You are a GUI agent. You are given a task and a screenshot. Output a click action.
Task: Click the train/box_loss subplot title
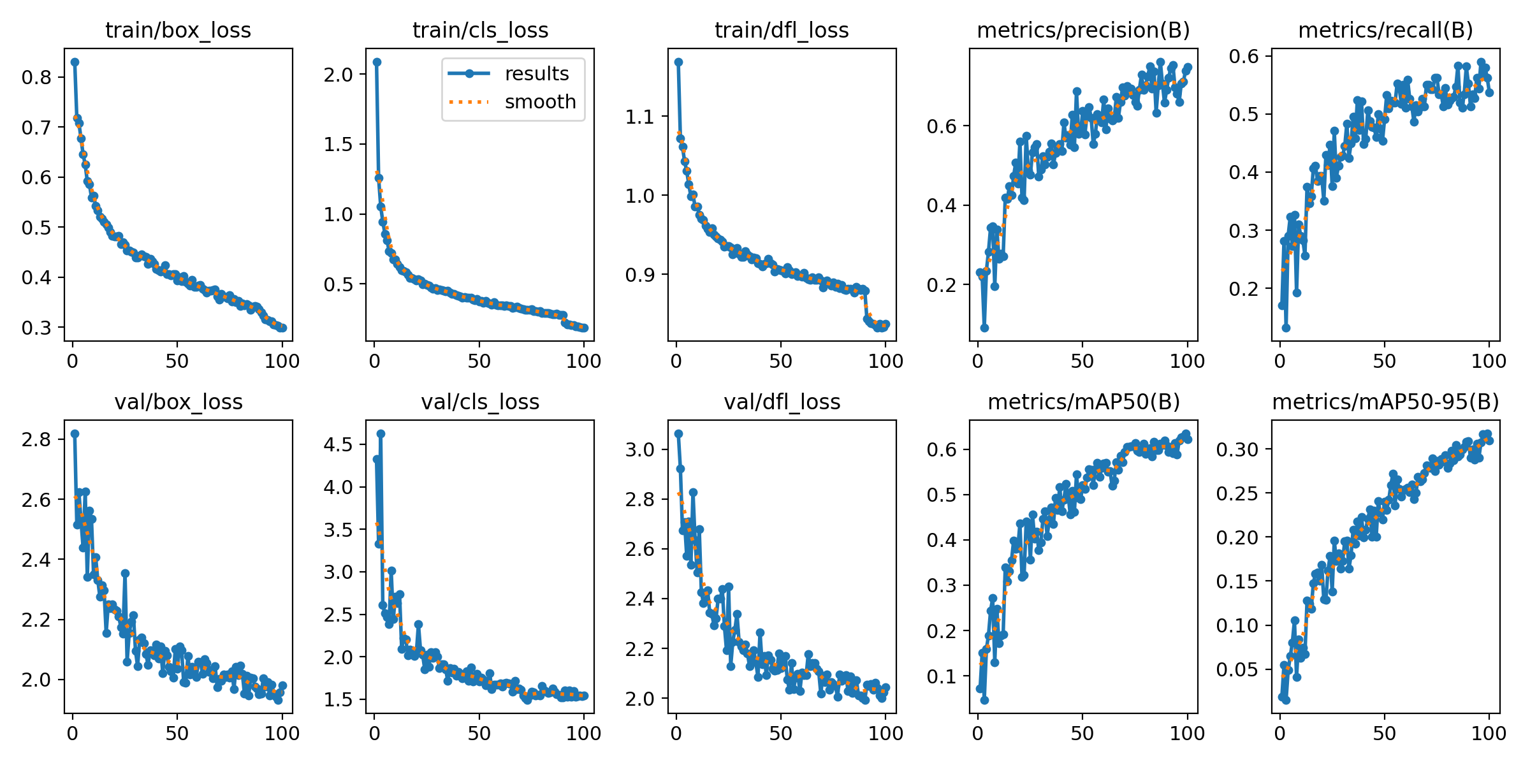178,31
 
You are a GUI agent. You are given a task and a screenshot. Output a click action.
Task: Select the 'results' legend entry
536,74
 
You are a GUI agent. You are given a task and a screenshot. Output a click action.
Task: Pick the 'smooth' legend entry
540,102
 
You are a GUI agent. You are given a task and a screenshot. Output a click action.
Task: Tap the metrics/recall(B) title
1385,31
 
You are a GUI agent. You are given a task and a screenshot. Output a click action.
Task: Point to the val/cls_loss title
480,402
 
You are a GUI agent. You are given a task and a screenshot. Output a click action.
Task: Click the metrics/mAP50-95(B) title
1385,402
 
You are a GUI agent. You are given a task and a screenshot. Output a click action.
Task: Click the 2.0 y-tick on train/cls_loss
338,75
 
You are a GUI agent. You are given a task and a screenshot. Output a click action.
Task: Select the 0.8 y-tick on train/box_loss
36,77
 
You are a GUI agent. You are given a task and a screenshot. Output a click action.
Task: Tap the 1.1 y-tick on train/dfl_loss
640,117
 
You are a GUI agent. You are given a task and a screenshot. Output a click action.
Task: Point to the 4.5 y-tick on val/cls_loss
338,444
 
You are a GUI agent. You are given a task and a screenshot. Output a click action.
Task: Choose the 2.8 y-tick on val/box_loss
36,439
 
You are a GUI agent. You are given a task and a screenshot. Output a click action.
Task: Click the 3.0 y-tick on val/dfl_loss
640,449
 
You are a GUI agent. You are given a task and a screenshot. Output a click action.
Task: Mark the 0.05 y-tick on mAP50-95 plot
1237,669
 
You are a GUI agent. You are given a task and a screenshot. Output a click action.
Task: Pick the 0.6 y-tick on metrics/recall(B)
1244,56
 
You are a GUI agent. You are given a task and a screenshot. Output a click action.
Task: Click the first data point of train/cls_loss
377,62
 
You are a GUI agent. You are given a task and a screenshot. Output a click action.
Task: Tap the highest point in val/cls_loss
381,433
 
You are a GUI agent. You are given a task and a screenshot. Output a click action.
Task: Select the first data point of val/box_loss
75,433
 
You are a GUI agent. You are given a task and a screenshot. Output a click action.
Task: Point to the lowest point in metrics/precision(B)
984,328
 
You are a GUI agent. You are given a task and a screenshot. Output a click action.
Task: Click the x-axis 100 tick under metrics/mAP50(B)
1187,733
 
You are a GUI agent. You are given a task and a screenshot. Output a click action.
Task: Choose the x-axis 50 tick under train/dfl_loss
781,361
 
